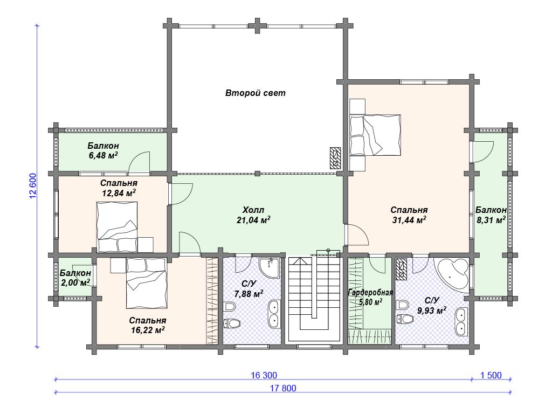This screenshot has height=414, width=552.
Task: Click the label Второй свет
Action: (x=255, y=93)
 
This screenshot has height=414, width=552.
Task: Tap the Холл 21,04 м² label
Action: (x=253, y=215)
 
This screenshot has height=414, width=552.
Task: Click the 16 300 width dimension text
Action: (x=264, y=375)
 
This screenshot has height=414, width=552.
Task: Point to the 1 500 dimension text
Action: (x=491, y=375)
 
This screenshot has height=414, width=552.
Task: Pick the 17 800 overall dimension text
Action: (x=283, y=388)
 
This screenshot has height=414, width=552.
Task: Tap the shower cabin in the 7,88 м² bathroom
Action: (x=270, y=268)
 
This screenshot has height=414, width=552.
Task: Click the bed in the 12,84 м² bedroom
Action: (x=116, y=227)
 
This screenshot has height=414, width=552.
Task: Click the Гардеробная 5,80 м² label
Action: (x=370, y=297)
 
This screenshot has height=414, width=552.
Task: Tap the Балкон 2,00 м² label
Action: (x=75, y=278)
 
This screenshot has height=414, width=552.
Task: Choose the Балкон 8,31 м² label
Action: (x=491, y=215)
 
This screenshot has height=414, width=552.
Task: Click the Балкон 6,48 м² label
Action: (x=103, y=150)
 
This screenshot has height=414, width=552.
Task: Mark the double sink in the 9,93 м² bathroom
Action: (x=461, y=322)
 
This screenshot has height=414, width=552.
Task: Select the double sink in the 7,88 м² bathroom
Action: (x=273, y=314)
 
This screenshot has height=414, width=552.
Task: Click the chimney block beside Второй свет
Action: (x=335, y=158)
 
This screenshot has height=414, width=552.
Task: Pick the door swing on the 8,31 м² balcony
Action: (x=482, y=151)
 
